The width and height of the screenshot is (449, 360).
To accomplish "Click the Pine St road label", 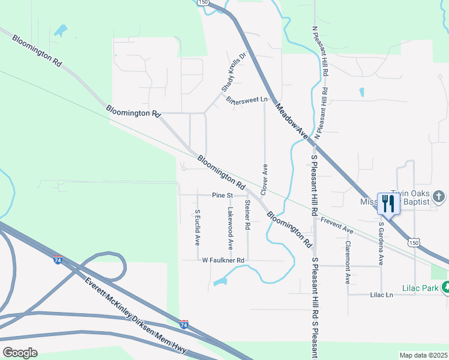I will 221,195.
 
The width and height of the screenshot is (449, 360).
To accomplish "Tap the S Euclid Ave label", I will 197,227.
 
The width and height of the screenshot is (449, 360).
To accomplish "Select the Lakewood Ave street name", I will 230,229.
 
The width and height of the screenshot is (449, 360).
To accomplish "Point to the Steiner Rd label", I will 247,215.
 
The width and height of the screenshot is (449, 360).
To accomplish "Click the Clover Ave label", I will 264,178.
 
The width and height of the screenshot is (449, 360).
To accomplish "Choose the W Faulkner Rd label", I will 223,260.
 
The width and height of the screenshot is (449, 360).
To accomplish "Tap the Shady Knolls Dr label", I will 234,71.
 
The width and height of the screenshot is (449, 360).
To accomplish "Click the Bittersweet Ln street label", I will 246,100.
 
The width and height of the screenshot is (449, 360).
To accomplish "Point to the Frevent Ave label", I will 336,226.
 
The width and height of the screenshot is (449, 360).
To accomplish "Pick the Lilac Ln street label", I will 381,295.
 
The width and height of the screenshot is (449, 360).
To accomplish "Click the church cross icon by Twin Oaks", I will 439,196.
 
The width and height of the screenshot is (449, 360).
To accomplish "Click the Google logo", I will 20,352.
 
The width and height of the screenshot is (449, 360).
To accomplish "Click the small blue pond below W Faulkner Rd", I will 220,280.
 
